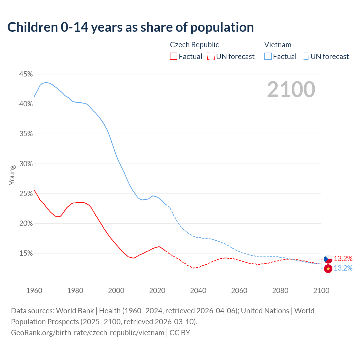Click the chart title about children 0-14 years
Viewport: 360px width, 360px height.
130,27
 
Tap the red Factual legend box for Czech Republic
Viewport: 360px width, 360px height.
174,57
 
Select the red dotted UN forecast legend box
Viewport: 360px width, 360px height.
211,57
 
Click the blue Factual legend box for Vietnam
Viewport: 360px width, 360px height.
268,57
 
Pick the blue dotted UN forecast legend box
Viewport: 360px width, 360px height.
305,57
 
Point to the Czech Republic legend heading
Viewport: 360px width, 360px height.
194,45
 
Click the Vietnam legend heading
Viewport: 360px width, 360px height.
278,45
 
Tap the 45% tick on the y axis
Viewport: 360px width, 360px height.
26,74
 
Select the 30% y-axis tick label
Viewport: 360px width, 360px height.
26,164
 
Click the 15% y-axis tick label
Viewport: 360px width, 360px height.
26,253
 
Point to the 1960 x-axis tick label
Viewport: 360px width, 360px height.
34,291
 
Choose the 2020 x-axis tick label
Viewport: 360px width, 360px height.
157,291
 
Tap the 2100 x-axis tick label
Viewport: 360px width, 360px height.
321,291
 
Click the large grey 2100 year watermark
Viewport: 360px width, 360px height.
291,89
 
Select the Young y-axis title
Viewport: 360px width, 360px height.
12,175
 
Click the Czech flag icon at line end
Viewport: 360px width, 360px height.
328,259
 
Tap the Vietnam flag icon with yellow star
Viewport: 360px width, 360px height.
328,269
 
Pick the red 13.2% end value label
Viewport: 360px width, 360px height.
343,258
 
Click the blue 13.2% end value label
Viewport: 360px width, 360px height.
343,268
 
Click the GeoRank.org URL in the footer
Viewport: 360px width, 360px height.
88,333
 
